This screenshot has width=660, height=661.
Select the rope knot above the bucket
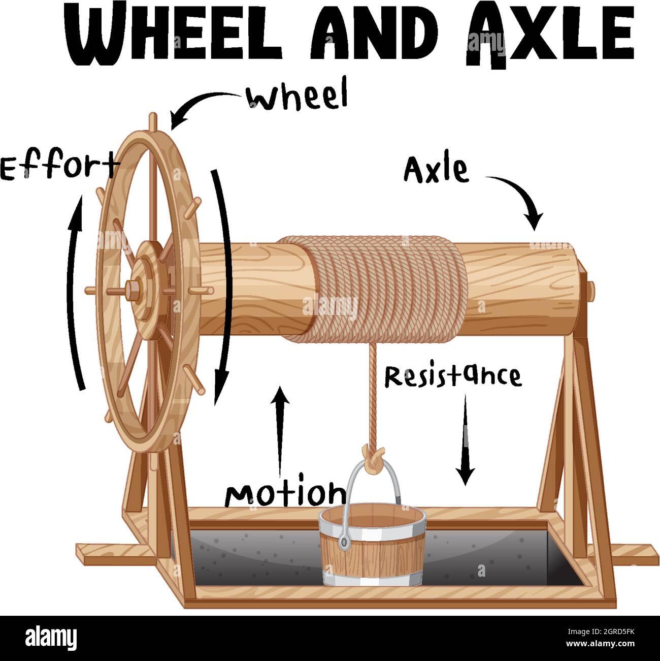[373, 457]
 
